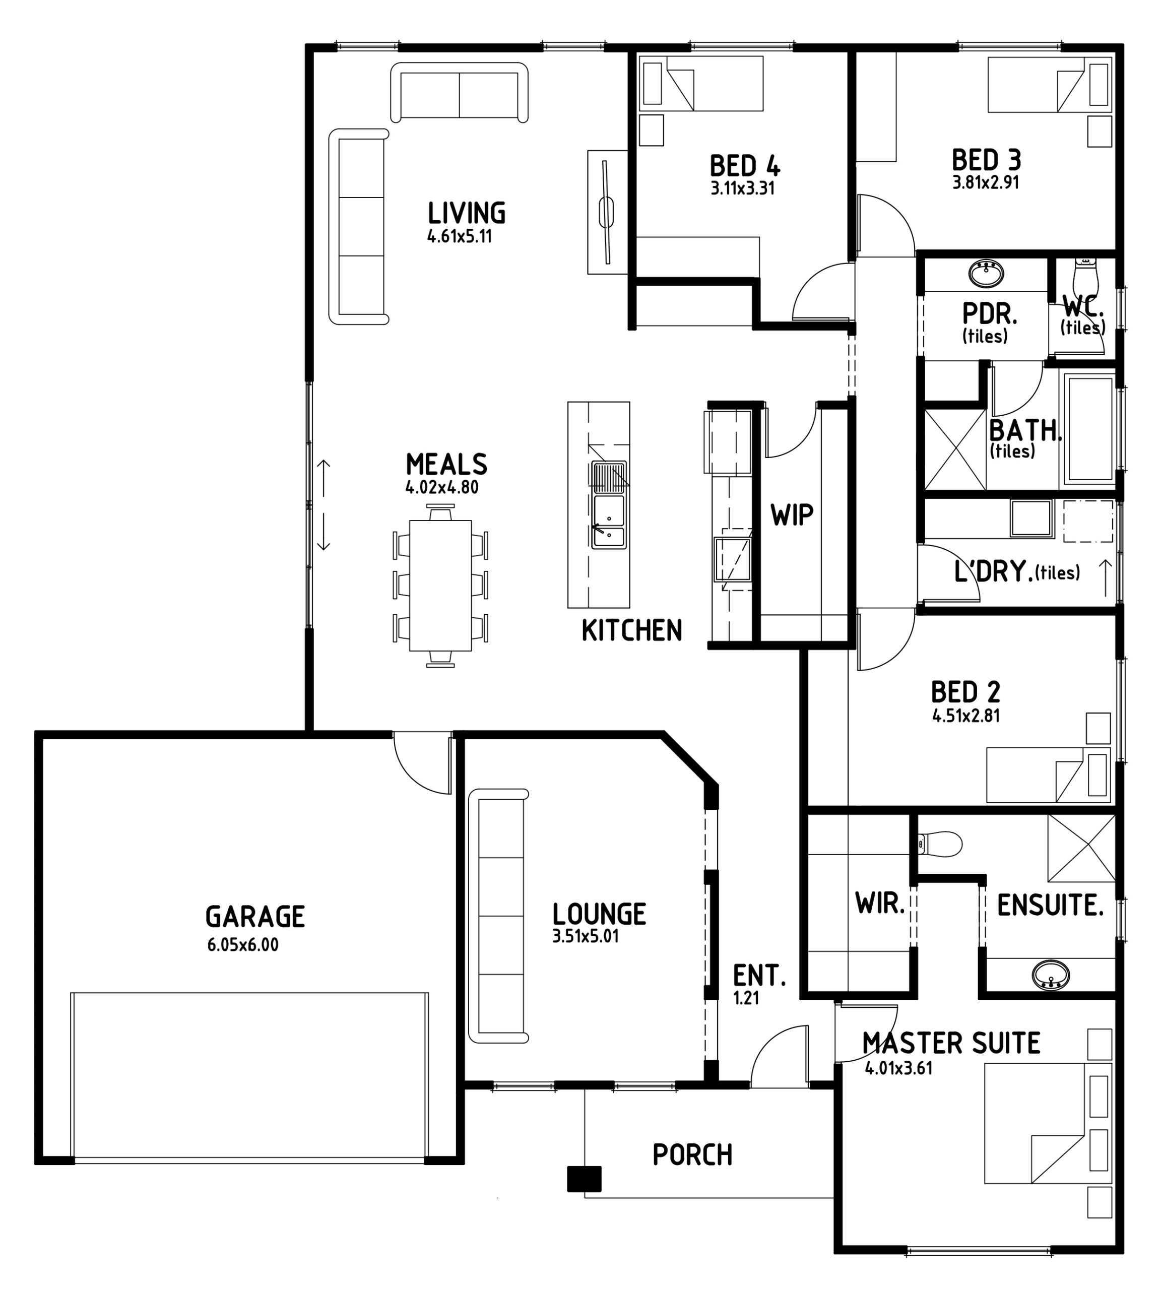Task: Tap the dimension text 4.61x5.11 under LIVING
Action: click(460, 236)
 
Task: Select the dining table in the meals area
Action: click(440, 585)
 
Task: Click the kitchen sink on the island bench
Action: click(609, 505)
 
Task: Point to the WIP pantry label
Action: click(792, 515)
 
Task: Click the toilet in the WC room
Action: click(1084, 274)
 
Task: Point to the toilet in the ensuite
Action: click(939, 844)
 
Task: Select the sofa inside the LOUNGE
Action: click(498, 916)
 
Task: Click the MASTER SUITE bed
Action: click(1048, 1123)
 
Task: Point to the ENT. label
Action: click(759, 976)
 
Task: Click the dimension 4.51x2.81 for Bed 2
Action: click(965, 715)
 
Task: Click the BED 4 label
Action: click(744, 166)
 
